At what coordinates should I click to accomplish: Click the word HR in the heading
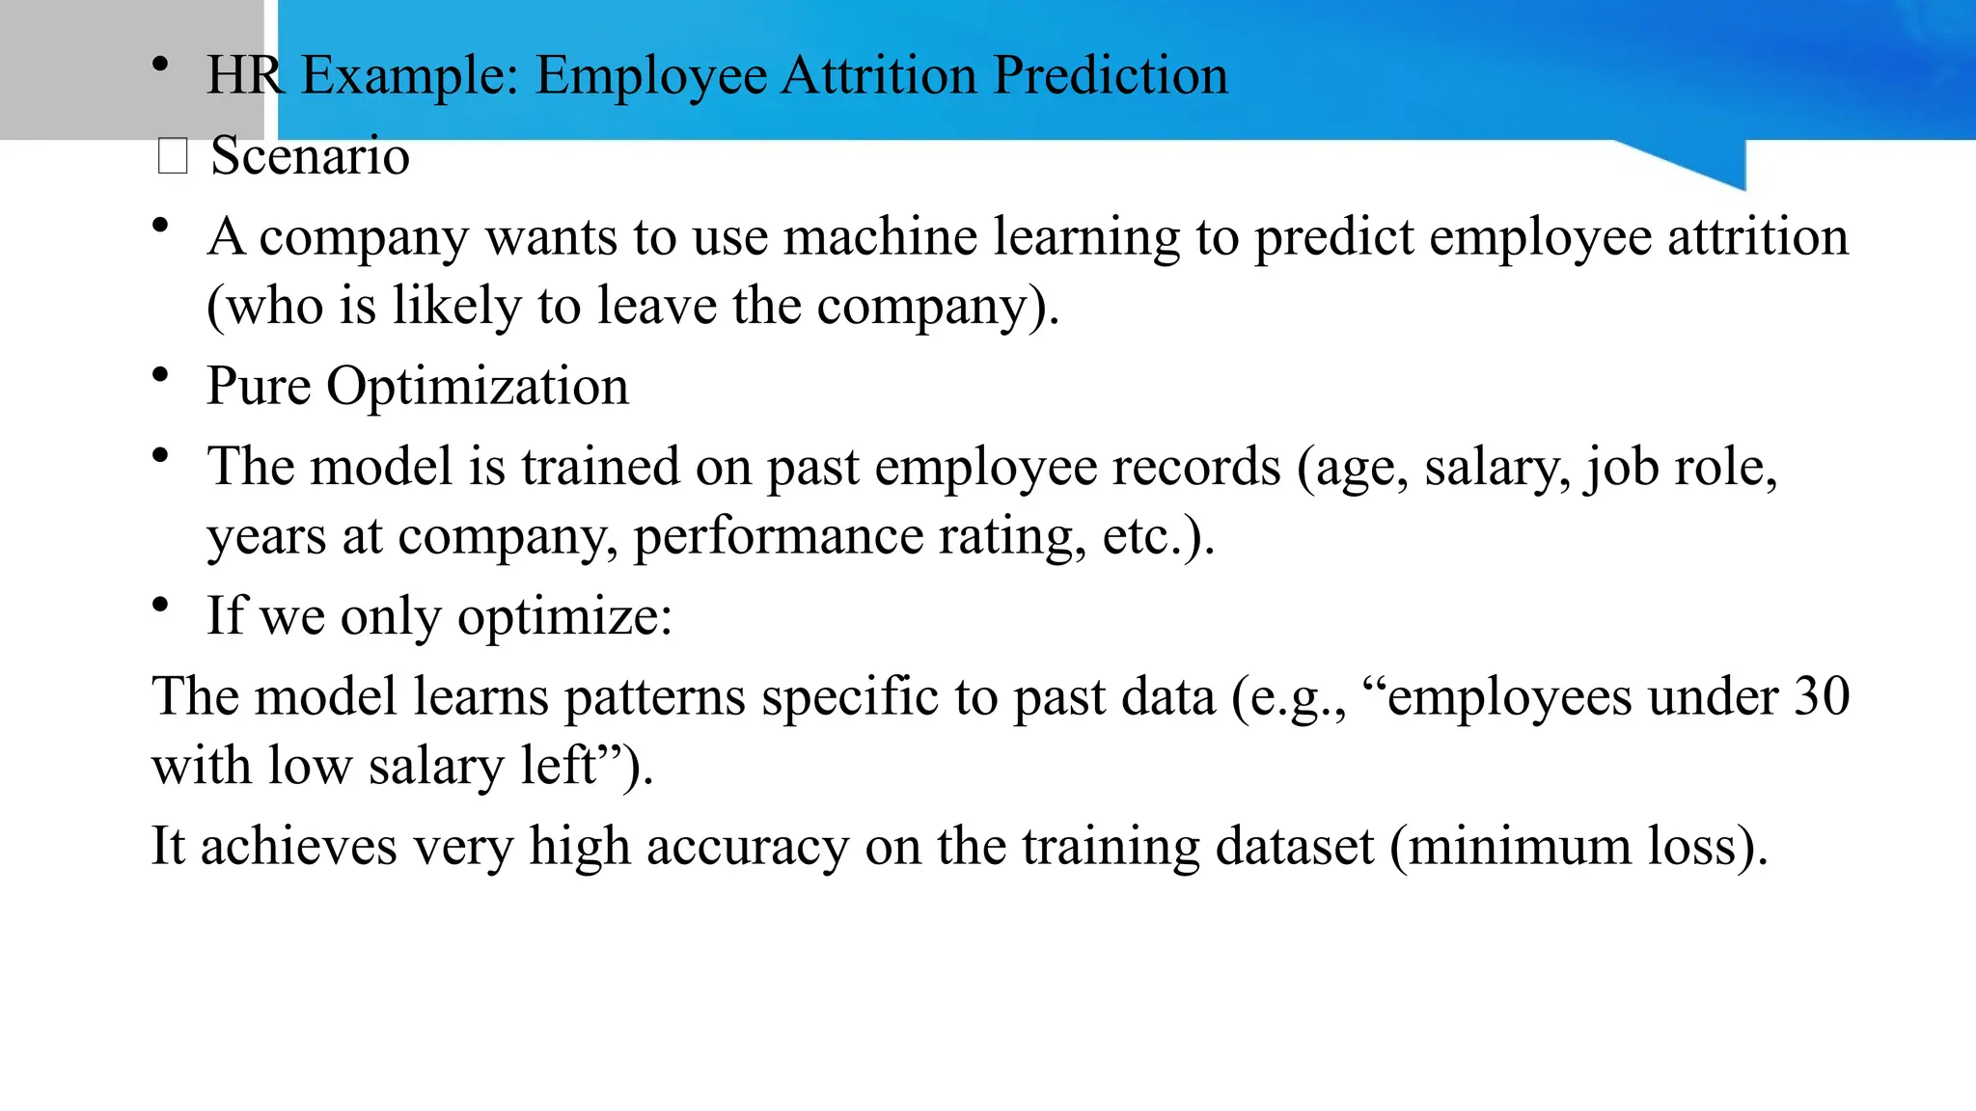[x=245, y=75]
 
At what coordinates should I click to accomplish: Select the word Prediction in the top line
[x=1111, y=75]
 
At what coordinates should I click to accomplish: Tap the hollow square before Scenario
[x=173, y=156]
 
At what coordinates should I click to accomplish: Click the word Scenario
[x=310, y=156]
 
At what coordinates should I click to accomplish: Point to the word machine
[x=880, y=237]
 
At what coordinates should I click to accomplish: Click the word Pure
[x=258, y=387]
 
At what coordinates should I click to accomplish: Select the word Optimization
[x=478, y=387]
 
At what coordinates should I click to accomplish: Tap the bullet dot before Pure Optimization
[x=160, y=374]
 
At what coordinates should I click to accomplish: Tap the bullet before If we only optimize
[x=160, y=604]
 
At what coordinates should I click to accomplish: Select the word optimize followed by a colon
[x=564, y=616]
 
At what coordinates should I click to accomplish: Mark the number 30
[x=1822, y=696]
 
